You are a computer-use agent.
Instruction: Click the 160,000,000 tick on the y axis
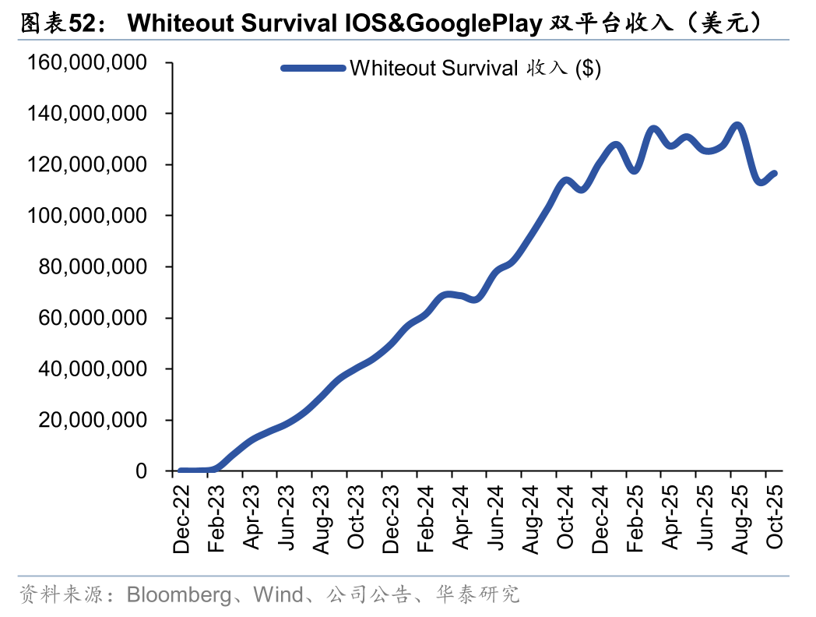(x=86, y=62)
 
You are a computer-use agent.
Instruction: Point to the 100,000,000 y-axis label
(x=86, y=216)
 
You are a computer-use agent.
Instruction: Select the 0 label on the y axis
(x=141, y=471)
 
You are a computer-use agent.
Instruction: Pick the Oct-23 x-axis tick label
(x=356, y=518)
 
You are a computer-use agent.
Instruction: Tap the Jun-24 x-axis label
(x=495, y=518)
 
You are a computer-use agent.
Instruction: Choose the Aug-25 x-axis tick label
(x=740, y=518)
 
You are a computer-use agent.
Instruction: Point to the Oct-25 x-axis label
(x=775, y=518)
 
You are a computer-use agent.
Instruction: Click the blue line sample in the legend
(x=313, y=69)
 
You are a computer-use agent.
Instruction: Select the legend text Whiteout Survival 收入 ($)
(x=476, y=69)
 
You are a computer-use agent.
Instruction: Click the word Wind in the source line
(x=278, y=596)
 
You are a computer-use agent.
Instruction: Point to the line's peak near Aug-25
(x=737, y=125)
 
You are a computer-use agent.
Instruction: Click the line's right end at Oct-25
(x=774, y=173)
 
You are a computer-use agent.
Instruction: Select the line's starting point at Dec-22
(x=181, y=471)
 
